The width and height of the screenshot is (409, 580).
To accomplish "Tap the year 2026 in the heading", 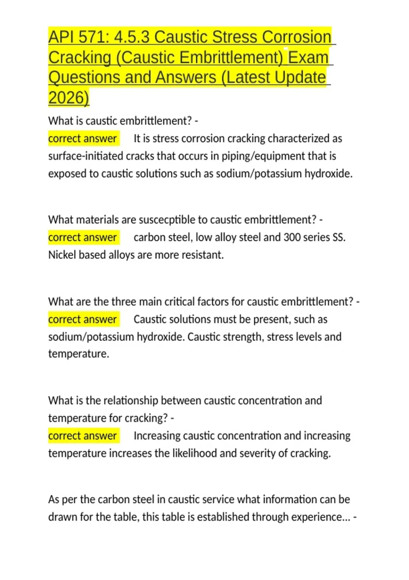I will (x=68, y=98).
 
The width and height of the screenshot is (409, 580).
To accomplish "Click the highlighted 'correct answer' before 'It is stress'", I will (x=83, y=139).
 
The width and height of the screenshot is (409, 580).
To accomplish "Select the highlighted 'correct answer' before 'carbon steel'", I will (x=83, y=237).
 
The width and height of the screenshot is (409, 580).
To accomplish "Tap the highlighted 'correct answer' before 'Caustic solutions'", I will (x=83, y=319).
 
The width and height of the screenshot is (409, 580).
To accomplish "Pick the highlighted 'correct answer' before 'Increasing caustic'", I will (x=83, y=436).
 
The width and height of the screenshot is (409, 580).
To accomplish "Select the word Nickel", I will (x=62, y=255).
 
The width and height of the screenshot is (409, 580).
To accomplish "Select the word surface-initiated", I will (x=86, y=156).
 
